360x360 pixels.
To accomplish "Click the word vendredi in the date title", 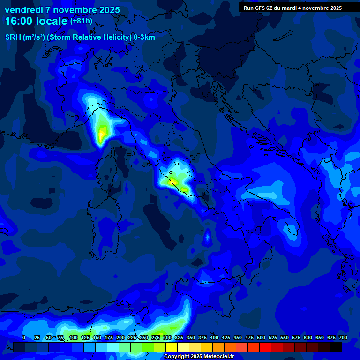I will point(24,10).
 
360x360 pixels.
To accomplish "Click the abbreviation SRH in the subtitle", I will point(13,37).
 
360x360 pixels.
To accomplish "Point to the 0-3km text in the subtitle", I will point(144,37).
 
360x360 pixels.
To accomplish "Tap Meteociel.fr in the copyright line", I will point(216,356).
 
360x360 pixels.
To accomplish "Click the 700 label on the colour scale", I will point(343,337).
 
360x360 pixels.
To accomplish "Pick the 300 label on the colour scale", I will point(167,337).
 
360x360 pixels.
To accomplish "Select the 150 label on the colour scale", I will point(97,337).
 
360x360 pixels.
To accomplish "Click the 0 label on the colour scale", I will point(24,337).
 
